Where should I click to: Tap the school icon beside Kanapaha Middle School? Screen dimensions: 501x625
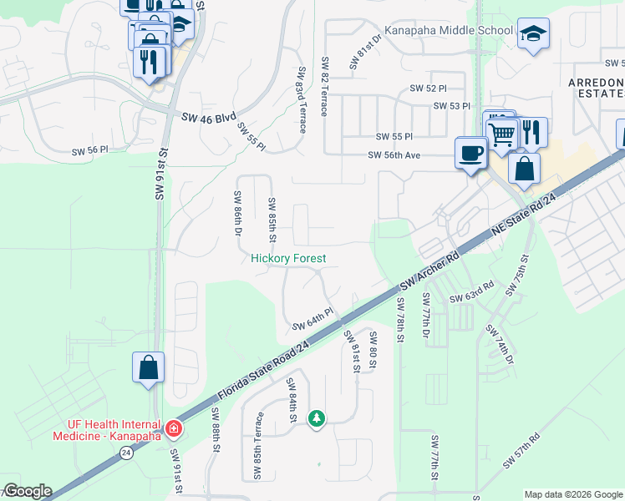[532, 33]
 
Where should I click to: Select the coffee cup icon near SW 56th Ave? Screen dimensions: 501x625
[470, 153]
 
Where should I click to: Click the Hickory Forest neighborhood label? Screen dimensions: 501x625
[288, 259]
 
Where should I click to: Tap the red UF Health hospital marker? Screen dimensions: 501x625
[173, 428]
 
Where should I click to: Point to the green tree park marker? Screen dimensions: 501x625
[316, 417]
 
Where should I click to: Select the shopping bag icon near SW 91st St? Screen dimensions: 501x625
[148, 367]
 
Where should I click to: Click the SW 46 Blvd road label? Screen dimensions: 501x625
[210, 118]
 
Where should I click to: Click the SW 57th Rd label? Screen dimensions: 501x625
[521, 450]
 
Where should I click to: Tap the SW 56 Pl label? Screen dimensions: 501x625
[90, 151]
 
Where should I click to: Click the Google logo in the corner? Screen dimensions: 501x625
[27, 491]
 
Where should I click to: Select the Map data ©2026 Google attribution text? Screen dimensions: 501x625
[572, 494]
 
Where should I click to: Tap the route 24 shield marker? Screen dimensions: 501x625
[126, 452]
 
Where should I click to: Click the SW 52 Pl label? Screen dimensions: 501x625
[428, 88]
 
